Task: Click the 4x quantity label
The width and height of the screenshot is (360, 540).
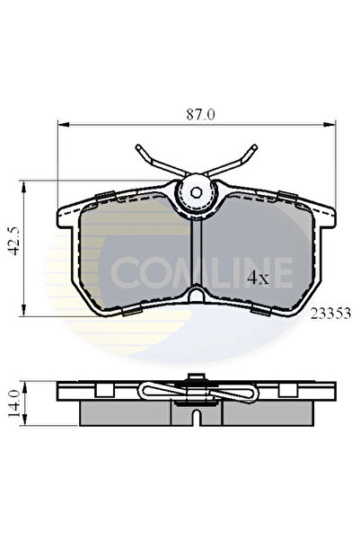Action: tap(259, 279)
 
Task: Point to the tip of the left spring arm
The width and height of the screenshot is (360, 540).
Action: tap(137, 146)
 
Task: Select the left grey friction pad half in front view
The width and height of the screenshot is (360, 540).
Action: tap(135, 252)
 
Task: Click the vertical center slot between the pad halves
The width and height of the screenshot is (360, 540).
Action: tap(197, 256)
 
